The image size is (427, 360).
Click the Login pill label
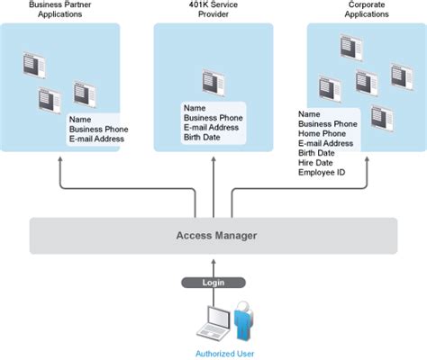pyautogui.click(x=213, y=282)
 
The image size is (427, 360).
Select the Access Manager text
pyautogui.click(x=215, y=236)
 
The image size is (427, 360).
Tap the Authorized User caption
pyautogui.click(x=219, y=353)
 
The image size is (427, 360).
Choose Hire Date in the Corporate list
pyautogui.click(x=316, y=163)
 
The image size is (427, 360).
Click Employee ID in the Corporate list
pyautogui.click(x=323, y=173)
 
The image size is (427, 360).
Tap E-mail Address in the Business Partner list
pyautogui.click(x=96, y=139)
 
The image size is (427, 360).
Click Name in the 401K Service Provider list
pyautogui.click(x=195, y=107)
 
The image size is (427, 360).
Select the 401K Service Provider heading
pyautogui.click(x=213, y=10)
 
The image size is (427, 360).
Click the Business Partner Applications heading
pyautogui.click(x=61, y=10)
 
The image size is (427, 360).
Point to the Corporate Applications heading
pyautogui.click(x=367, y=10)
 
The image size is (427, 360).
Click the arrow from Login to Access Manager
pyautogui.click(x=213, y=265)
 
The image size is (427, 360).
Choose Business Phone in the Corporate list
pyautogui.click(x=329, y=124)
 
